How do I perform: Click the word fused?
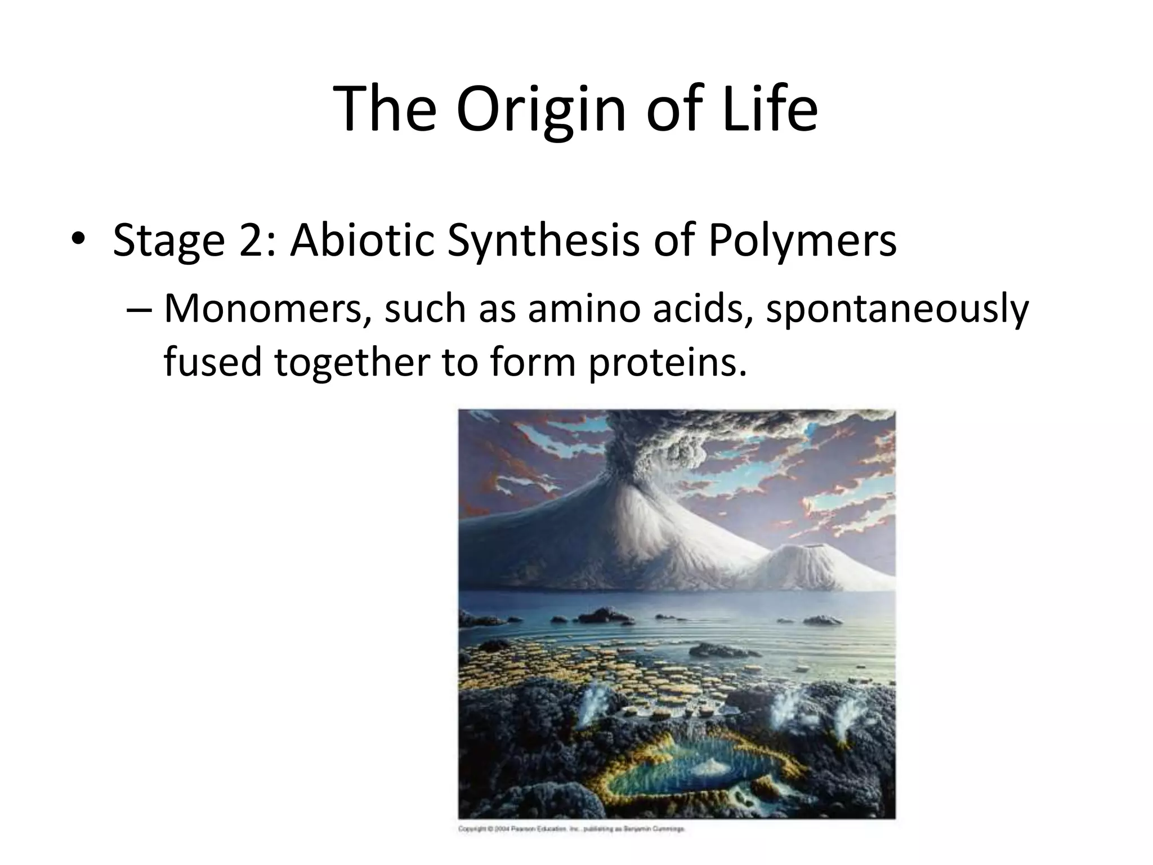coord(213,362)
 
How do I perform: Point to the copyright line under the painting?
coord(571,829)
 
